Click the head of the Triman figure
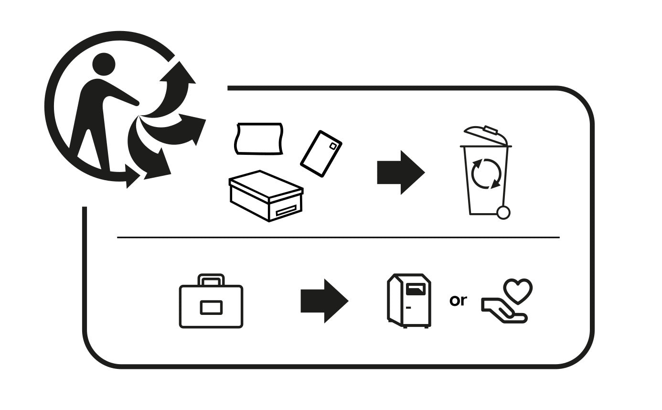(104, 65)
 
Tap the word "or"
(458, 300)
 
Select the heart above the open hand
(518, 291)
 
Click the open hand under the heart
(504, 311)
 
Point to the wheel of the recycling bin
(503, 213)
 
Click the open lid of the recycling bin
(486, 135)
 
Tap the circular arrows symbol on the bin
(486, 174)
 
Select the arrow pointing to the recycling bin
(401, 173)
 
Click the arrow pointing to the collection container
(324, 301)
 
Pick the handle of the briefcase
(211, 280)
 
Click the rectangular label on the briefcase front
(211, 307)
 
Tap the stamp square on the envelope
(333, 146)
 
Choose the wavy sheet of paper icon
(259, 139)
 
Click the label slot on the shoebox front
(286, 211)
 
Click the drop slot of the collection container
(416, 289)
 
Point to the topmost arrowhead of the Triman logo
(178, 73)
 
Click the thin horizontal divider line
(338, 237)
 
